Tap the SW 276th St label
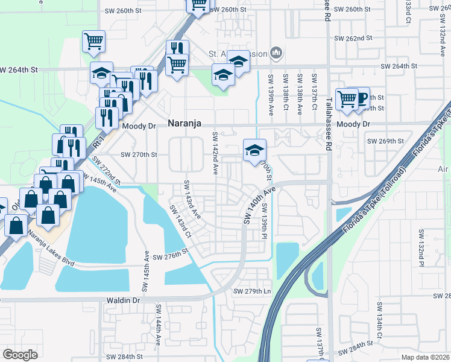171,258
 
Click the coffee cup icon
360,98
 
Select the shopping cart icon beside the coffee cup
347,99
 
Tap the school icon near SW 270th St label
254,150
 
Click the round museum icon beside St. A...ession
276,54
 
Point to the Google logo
20,354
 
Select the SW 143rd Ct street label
180,221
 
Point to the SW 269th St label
385,141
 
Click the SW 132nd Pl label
421,248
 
